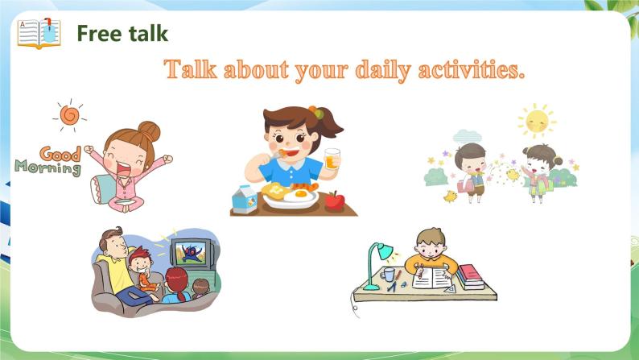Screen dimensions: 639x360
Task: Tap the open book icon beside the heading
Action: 39,34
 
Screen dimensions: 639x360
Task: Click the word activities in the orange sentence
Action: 471,69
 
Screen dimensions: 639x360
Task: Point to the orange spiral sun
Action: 70,115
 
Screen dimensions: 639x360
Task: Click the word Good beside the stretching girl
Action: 60,154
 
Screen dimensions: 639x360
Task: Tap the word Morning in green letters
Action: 48,168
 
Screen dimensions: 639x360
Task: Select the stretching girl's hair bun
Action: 149,130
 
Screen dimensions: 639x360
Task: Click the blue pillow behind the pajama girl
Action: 101,189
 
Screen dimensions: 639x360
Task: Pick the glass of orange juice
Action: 332,159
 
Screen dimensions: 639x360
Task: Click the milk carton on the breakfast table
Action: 245,199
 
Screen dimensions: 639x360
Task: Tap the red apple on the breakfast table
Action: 335,201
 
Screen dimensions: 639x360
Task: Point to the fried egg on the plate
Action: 300,195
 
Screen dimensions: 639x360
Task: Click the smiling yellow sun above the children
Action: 537,121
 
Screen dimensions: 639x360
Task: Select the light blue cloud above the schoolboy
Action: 467,136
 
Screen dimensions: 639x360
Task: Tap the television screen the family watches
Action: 191,254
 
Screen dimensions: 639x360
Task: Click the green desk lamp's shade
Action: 385,251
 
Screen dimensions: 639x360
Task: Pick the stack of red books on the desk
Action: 470,277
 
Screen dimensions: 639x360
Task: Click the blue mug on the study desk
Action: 388,274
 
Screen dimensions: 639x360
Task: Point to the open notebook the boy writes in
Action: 431,279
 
